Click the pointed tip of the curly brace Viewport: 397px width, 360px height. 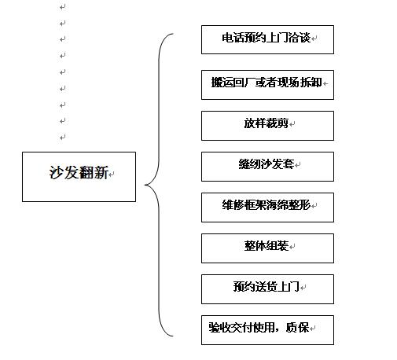tap(145, 185)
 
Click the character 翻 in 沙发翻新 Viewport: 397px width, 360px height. tap(86, 173)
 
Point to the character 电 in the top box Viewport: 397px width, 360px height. tap(227, 38)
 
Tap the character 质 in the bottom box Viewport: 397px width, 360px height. tap(292, 328)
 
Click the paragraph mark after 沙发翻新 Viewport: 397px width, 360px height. tap(112, 174)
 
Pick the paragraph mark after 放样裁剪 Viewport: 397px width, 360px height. tap(292, 124)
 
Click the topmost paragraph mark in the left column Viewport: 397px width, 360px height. tap(62, 7)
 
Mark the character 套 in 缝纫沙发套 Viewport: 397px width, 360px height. tap(289, 164)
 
